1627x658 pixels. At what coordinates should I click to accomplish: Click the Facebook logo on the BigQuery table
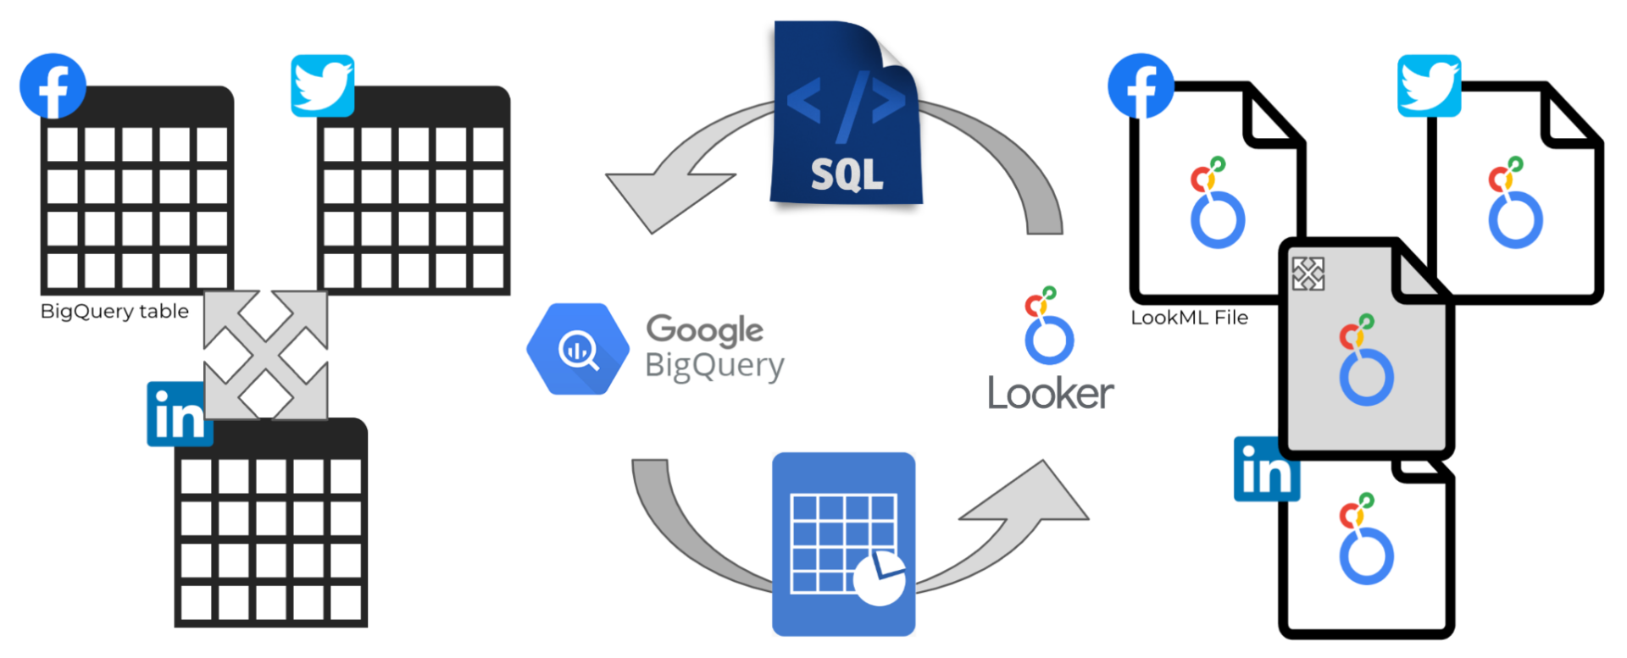point(53,86)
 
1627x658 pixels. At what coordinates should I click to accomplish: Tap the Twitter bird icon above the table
point(322,86)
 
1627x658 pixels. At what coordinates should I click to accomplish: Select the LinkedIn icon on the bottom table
point(179,413)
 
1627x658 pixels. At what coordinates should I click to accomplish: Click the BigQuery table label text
point(114,312)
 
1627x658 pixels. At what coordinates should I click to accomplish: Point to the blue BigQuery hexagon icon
point(578,349)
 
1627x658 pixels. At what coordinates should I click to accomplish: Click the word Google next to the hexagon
point(704,330)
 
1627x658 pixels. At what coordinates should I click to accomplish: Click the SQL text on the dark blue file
point(847,174)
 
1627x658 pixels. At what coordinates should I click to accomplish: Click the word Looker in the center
point(1051,394)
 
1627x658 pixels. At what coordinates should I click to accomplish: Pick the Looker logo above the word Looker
point(1049,325)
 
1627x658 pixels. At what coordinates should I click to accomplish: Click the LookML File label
point(1190,318)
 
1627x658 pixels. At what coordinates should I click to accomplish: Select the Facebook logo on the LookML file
point(1141,86)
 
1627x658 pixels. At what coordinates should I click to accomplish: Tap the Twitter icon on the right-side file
point(1429,86)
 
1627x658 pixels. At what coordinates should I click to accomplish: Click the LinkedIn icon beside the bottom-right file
point(1266,469)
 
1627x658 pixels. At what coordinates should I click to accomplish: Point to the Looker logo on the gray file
point(1366,360)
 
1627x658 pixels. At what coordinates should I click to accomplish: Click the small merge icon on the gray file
point(1308,274)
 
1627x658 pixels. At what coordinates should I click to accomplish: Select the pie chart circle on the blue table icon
point(880,578)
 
